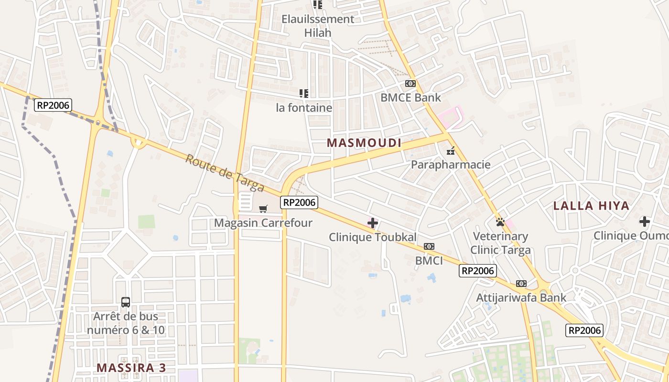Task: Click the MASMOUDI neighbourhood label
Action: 364,143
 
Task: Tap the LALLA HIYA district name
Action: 591,206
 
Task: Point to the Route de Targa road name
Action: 225,173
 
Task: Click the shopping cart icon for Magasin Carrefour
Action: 263,209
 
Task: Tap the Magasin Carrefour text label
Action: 263,223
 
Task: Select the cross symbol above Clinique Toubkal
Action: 373,223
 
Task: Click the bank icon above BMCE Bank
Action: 410,84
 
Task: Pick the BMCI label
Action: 429,261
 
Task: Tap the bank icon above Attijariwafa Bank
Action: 521,284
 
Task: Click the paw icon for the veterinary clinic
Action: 500,222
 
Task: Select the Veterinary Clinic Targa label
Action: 500,243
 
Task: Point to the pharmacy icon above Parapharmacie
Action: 450,151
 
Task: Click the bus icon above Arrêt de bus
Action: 125,302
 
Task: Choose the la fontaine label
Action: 304,108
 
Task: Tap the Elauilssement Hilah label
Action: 318,26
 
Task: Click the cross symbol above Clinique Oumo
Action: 645,222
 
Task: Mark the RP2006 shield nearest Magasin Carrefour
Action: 299,202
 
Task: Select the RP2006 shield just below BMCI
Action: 478,271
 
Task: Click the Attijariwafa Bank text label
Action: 521,298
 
